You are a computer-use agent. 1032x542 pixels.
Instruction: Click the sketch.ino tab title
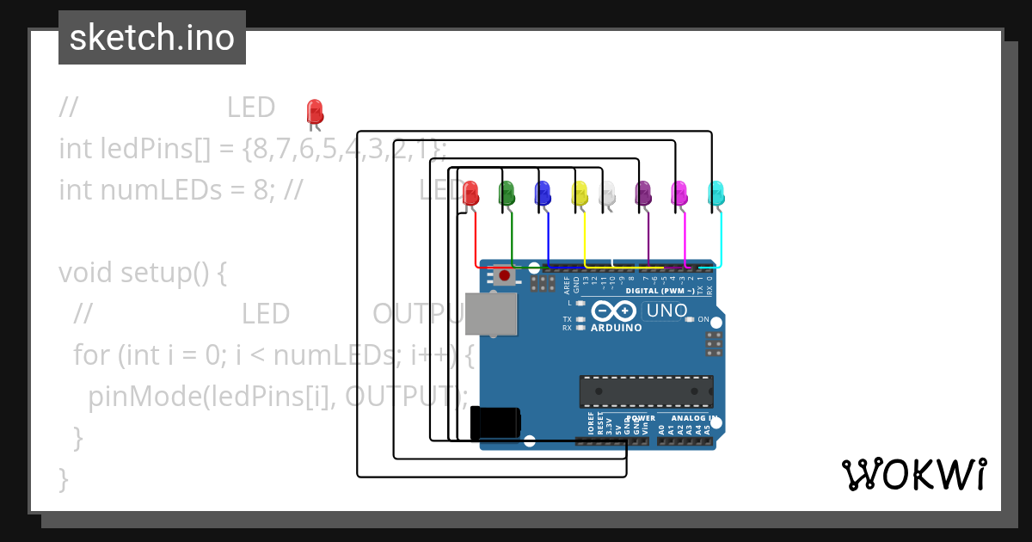[x=151, y=38]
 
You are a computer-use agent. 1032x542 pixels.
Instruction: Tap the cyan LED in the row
[x=716, y=193]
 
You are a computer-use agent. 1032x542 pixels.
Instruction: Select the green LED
[x=507, y=192]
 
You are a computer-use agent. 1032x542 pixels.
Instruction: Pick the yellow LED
[x=580, y=192]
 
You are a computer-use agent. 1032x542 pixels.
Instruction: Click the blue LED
[x=543, y=192]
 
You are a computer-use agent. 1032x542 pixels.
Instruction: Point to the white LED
[x=607, y=193]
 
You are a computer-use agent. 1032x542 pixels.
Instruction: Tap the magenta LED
[x=679, y=193]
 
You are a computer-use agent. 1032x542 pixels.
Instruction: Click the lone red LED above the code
[x=315, y=112]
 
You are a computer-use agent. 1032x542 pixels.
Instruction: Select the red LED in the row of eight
[x=470, y=193]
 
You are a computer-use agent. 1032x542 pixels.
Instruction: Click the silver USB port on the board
[x=491, y=313]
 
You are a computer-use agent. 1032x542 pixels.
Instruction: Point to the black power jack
[x=495, y=423]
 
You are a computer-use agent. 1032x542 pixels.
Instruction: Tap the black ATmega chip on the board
[x=646, y=391]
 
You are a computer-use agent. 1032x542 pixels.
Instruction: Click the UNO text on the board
[x=666, y=311]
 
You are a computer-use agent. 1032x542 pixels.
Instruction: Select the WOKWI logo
[x=913, y=474]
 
